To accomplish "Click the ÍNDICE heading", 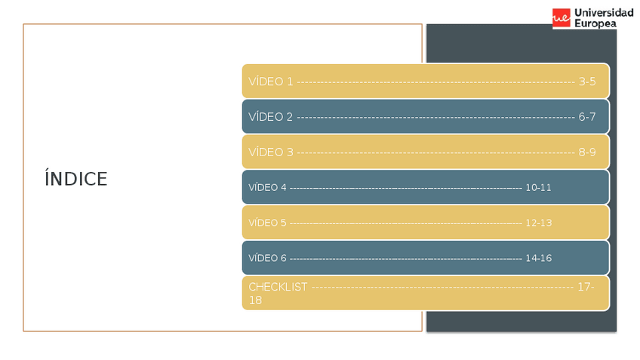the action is point(76,180).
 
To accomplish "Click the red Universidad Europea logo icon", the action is point(561,18).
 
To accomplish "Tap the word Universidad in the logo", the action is point(604,13).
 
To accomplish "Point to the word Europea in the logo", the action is point(595,24).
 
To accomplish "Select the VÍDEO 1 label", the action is point(270,82).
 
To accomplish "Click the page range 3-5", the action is point(587,82).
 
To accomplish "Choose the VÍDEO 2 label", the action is point(270,117).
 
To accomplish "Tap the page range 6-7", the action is point(587,117).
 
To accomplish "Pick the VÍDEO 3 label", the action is point(270,152).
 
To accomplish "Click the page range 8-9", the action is point(587,152).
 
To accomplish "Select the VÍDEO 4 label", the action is point(267,187).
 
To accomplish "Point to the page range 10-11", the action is point(538,187).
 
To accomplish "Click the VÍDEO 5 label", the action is point(267,223).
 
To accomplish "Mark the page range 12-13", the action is point(538,223).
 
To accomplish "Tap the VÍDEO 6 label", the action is point(267,258).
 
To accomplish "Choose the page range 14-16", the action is point(538,258).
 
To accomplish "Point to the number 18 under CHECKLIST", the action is point(255,300).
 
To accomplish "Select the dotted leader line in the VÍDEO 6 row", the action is point(405,258).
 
